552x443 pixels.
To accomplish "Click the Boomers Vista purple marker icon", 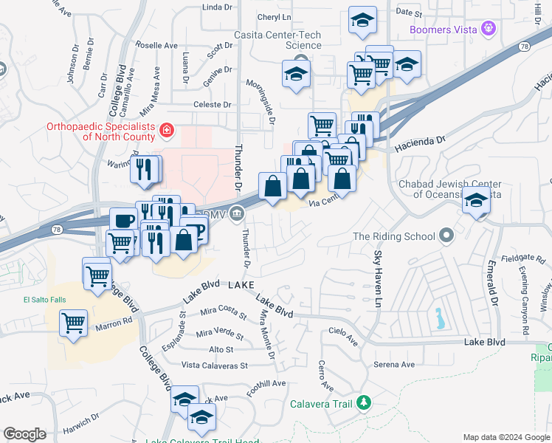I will pos(488,30).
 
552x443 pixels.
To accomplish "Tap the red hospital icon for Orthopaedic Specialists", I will pos(167,131).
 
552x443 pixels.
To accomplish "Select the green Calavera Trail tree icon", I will pos(362,402).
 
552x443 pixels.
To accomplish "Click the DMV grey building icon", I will pos(236,215).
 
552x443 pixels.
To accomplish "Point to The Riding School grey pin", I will pos(446,236).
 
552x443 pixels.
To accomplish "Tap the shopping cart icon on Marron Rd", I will pos(74,322).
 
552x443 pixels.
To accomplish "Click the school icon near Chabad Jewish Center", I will pos(476,200).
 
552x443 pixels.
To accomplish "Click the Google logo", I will pos(24,434).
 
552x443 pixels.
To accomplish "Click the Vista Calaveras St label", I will pos(215,365).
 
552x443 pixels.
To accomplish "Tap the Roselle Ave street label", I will pos(156,45).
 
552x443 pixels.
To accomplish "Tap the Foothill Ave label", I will pos(266,384).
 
